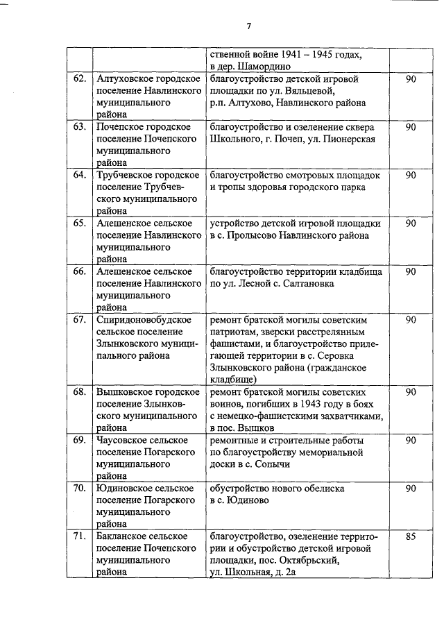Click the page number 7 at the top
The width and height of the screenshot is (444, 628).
pos(248,26)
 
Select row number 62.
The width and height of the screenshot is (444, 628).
pos(80,79)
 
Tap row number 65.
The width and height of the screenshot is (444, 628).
pos(80,223)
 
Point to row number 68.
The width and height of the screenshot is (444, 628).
pos(80,392)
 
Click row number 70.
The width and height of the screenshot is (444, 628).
pos(80,489)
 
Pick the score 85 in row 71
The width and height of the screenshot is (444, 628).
pos(411,536)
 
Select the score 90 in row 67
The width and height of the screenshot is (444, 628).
pos(411,320)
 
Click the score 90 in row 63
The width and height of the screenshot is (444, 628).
pos(411,127)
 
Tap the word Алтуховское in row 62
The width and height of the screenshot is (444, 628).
pos(125,79)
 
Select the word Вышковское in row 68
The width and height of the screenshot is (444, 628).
pos(124,392)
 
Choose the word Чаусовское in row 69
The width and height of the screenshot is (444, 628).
pos(123,440)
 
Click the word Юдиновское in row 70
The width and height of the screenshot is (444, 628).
pos(124,489)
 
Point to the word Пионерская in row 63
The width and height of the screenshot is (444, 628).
pos(350,139)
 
